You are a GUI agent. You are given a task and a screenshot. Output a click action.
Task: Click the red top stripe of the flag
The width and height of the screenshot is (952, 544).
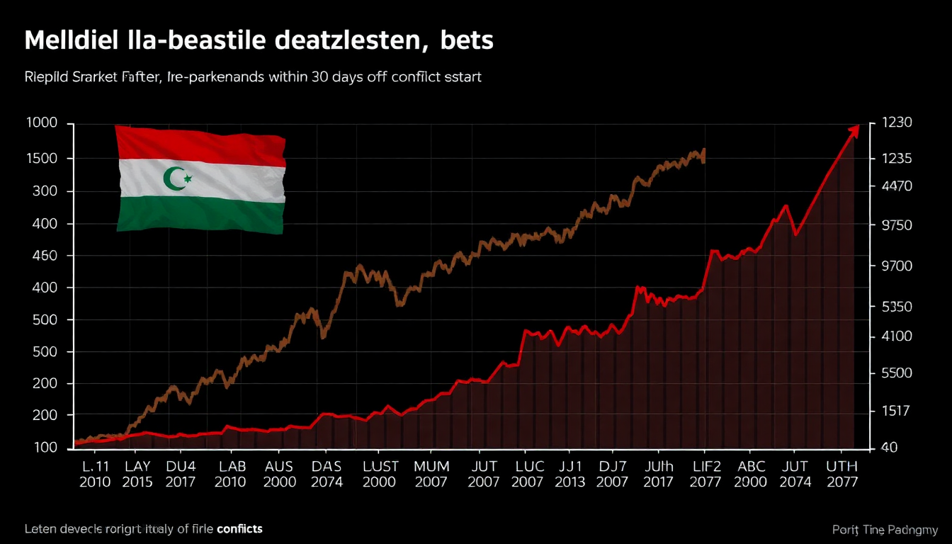tap(200, 146)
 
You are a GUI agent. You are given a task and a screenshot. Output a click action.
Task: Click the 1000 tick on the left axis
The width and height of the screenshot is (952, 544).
tap(41, 124)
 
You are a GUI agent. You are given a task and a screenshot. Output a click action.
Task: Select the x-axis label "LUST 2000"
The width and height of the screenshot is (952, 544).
tap(380, 475)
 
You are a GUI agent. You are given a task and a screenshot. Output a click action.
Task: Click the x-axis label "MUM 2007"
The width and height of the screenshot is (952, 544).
tap(431, 475)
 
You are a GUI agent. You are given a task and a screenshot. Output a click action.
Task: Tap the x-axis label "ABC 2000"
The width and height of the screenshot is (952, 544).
tap(751, 475)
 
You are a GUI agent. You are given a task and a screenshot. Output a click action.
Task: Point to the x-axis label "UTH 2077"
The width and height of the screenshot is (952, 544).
tap(841, 475)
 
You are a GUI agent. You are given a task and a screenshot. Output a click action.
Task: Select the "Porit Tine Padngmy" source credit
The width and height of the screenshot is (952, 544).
tap(886, 530)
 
